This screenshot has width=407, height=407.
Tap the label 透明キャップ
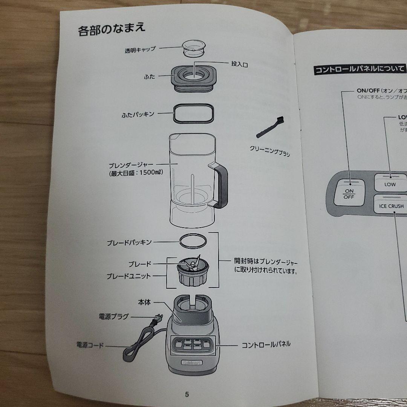click(x=140, y=50)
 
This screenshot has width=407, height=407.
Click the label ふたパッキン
click(x=138, y=114)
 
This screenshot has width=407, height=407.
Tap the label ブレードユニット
click(x=129, y=276)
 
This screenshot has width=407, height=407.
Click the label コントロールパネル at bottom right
click(x=266, y=344)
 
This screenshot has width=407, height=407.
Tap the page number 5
click(x=187, y=394)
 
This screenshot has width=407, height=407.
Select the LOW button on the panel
click(x=390, y=183)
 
